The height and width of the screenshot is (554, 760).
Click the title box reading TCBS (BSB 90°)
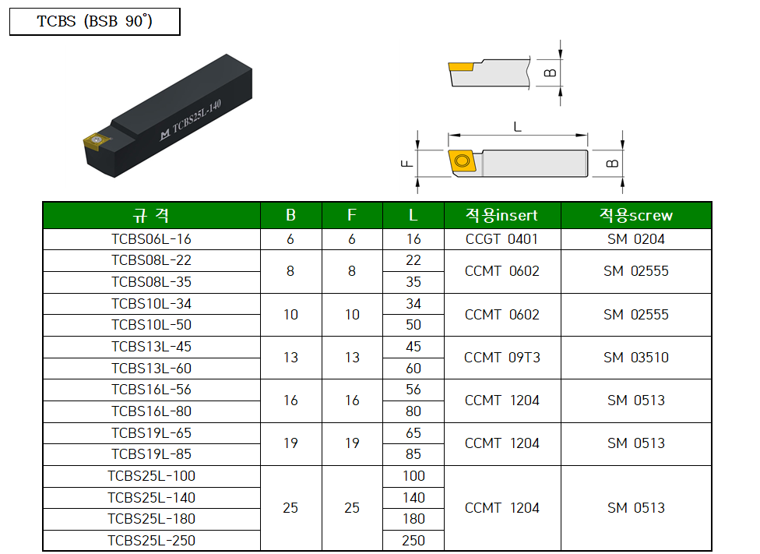[x=94, y=22]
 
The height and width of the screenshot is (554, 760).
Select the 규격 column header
[x=151, y=215]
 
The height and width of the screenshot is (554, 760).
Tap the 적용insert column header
[x=501, y=215]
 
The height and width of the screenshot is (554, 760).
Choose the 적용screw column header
[x=635, y=215]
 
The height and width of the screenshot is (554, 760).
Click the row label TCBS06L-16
[x=151, y=239]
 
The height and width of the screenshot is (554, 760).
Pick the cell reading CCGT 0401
[x=501, y=239]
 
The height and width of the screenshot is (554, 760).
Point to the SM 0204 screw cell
[x=635, y=239]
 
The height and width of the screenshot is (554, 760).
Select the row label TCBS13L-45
[x=151, y=347]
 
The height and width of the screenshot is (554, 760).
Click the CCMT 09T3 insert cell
[x=501, y=358]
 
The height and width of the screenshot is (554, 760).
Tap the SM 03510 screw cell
[x=635, y=358]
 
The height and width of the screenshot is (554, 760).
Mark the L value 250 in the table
[x=413, y=540]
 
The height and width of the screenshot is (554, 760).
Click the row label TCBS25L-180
[x=151, y=518]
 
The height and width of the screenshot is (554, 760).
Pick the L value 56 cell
[x=413, y=390]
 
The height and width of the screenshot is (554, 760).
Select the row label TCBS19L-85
[x=151, y=454]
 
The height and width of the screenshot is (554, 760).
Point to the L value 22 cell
[x=413, y=260]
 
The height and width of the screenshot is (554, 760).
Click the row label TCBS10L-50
[x=151, y=325]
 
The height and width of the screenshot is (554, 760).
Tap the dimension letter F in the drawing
[x=404, y=164]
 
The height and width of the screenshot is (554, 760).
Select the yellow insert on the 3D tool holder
[x=93, y=140]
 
